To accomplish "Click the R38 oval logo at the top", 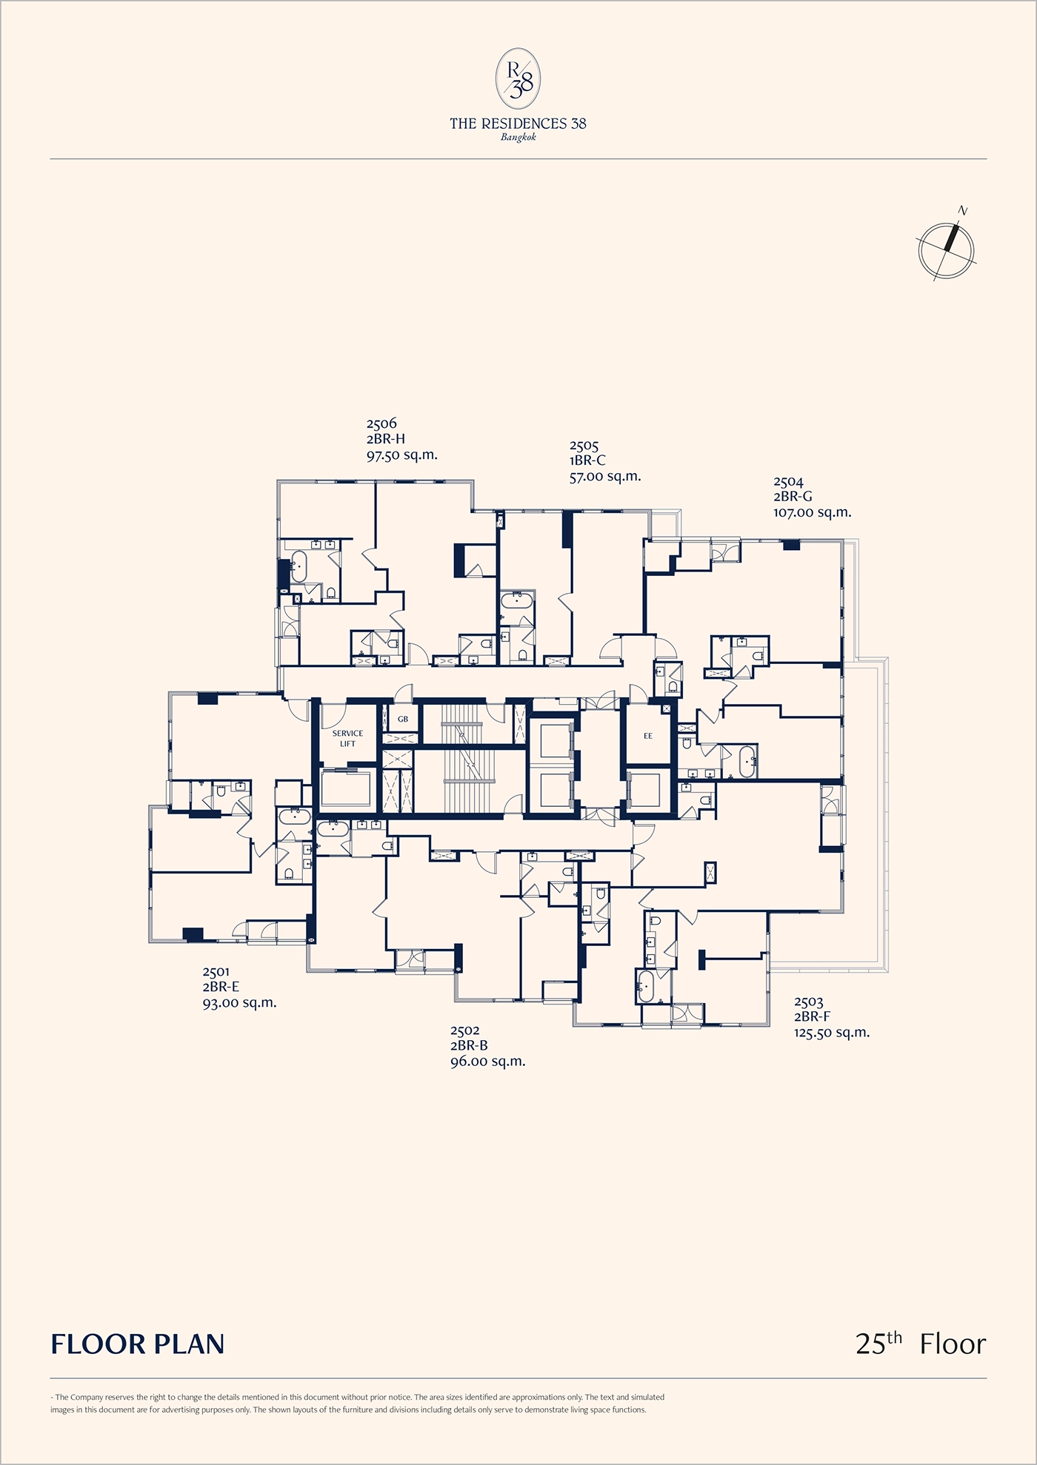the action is [x=518, y=79].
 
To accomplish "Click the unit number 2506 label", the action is [x=381, y=423].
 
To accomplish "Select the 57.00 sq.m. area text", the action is [x=604, y=477].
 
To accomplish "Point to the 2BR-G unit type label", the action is [x=793, y=497].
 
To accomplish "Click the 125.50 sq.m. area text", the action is [x=832, y=1033].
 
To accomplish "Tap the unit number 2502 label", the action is [x=465, y=1030].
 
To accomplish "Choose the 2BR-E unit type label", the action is [x=221, y=987].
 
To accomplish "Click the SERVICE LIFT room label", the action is [x=347, y=739].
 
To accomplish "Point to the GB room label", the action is [x=403, y=719].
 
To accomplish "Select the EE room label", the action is [x=648, y=736].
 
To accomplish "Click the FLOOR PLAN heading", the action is [x=138, y=1344].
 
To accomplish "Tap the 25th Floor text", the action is [x=921, y=1343].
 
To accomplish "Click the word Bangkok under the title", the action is [x=518, y=138].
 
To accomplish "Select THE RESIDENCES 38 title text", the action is [x=518, y=124].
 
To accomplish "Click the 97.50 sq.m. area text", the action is [x=402, y=455].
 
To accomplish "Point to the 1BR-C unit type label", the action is [x=587, y=460].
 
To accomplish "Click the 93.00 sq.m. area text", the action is [x=239, y=1003].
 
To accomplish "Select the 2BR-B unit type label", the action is [x=469, y=1046].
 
